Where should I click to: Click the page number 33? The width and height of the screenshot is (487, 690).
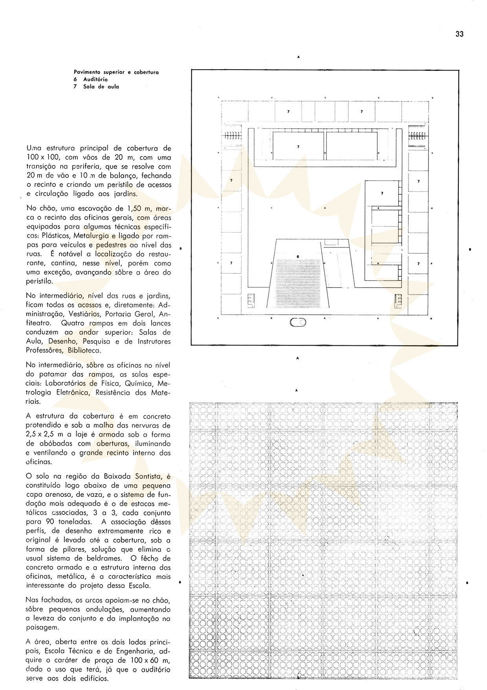[x=459, y=34]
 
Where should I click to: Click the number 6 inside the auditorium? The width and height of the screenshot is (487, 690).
[x=298, y=256]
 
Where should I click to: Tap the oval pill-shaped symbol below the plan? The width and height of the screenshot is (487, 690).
[x=298, y=323]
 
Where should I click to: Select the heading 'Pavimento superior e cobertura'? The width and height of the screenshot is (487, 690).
[x=116, y=72]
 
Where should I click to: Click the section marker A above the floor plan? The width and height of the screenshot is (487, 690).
[x=298, y=57]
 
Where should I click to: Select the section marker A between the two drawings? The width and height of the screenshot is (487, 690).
[x=298, y=358]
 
